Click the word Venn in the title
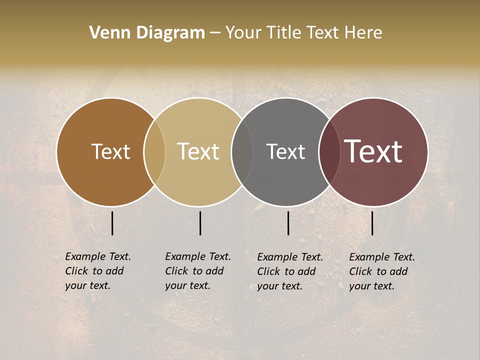pos(105,33)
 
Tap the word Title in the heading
pos(283,33)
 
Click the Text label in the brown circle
pos(110,151)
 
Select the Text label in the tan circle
pos(198,151)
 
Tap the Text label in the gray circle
pos(285,151)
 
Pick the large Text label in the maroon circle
pos(373,151)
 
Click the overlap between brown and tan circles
pos(154,151)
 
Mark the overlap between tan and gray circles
pos(242,151)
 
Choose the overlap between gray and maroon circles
pos(329,151)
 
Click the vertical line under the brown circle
pos(112,223)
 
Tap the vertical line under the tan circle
pos(200,223)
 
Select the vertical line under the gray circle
pos(288,223)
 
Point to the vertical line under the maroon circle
pos(372,223)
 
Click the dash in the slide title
pos(215,33)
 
